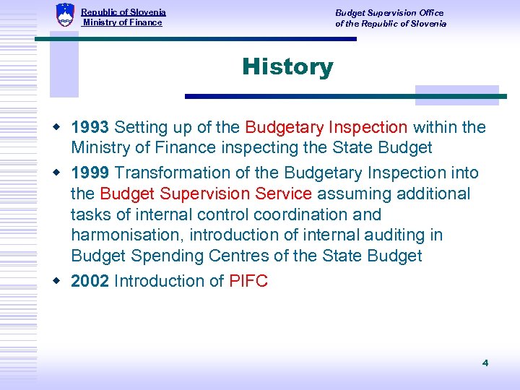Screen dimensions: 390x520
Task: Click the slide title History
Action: pos(287,67)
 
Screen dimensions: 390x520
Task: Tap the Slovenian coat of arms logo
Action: pos(65,15)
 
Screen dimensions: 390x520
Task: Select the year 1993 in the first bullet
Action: pos(90,128)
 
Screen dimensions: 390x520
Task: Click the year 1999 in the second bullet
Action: pos(90,173)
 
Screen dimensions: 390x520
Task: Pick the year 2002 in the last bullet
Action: pos(90,281)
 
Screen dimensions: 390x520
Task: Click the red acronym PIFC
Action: pos(248,281)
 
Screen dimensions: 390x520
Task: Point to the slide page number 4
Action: pos(485,363)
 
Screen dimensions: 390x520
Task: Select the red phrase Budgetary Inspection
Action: pos(326,128)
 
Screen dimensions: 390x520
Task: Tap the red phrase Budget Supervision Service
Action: pos(206,194)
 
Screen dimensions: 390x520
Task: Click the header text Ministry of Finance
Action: pos(123,23)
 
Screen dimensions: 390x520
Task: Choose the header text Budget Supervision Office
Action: pos(389,13)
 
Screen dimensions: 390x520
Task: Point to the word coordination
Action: pos(304,214)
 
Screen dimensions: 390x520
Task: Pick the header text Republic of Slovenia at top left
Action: pos(123,12)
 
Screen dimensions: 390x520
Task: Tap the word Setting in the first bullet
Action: pos(141,128)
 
